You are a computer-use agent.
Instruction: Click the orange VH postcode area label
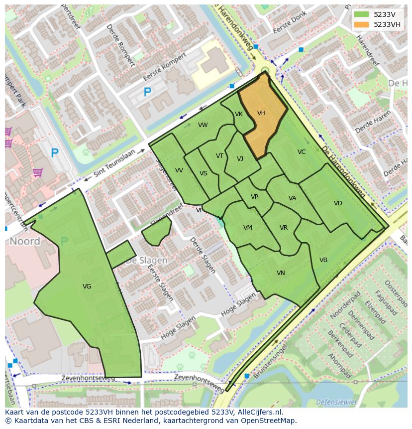pos(261,113)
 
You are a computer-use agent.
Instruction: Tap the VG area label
pos(87,286)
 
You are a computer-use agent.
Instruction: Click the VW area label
pos(203,125)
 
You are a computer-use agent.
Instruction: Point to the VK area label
pos(239,114)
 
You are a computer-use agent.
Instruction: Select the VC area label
pos(302,152)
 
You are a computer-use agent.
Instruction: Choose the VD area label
pos(338,203)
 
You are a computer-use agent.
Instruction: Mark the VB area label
pos(323,260)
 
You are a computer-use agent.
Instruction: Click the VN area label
pos(281,273)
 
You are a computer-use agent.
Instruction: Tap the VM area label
pos(248,228)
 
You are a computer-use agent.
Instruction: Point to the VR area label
pos(284,228)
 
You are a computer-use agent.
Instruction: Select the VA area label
pos(293,198)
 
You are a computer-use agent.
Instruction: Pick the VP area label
pos(254,197)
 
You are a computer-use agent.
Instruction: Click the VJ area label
pos(240,159)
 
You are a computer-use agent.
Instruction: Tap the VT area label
pos(219,156)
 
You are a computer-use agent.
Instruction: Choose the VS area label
pos(204,173)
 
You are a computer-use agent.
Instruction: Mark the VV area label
pos(179,170)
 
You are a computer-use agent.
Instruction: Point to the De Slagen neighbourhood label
pos(146,261)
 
